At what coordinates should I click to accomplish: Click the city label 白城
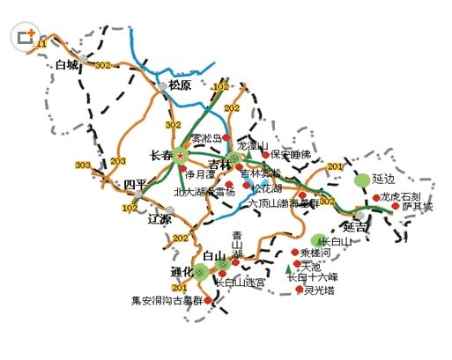(67, 64)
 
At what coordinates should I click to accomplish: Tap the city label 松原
(180, 85)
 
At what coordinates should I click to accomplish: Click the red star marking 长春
(182, 155)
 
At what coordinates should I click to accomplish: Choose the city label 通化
(182, 271)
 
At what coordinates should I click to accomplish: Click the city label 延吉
(355, 226)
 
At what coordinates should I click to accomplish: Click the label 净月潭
(202, 175)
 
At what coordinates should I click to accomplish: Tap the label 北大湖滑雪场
(204, 191)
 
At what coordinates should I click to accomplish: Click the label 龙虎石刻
(400, 196)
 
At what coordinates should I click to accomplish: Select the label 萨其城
(418, 208)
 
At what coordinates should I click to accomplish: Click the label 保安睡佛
(291, 154)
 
